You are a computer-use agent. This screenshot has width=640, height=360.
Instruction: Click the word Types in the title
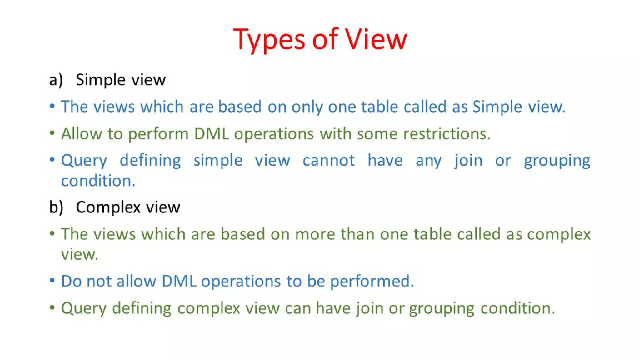coord(269,40)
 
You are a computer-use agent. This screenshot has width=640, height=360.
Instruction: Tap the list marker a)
coord(56,80)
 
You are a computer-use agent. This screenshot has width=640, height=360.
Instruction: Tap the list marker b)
coord(56,207)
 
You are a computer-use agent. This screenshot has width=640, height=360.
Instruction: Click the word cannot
coord(328,161)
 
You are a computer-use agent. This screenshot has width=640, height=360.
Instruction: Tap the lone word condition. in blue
coord(98,181)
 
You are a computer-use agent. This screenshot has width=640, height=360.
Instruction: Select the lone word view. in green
coord(79,254)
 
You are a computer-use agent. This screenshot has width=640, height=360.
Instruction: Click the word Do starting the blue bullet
coord(71,281)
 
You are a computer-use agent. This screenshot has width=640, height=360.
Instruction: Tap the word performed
coord(372,281)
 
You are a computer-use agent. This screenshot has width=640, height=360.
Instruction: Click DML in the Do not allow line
coord(179,281)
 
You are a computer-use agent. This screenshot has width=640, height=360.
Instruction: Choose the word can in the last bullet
coord(297,308)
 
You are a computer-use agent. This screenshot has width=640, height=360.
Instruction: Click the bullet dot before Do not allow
coord(52,280)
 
